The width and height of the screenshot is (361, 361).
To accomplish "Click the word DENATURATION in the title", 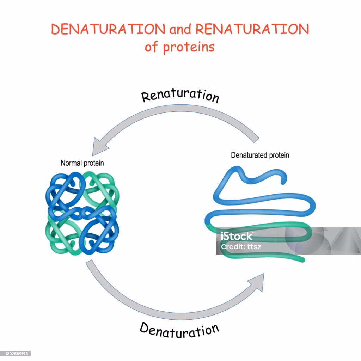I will tap(108, 30).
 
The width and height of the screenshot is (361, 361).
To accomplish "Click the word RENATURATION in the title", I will tap(252, 30).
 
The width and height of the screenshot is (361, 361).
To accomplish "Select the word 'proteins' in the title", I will tap(189, 47).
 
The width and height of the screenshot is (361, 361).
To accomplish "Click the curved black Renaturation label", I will tap(180, 96).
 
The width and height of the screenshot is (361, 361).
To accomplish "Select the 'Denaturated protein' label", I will tap(260, 155).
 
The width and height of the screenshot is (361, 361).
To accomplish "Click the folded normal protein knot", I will tap(82, 213).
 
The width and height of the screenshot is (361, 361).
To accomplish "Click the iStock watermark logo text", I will tap(237, 236).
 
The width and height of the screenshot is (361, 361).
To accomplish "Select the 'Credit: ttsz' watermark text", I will tap(241, 247).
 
